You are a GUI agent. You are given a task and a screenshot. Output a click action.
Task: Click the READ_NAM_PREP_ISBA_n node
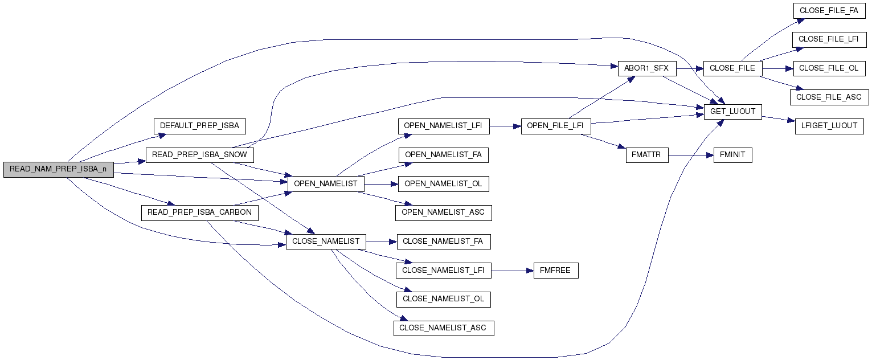point(58,170)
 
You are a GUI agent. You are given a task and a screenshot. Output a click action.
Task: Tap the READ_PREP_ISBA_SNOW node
point(199,155)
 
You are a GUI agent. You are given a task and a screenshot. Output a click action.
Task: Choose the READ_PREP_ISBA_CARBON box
point(199,212)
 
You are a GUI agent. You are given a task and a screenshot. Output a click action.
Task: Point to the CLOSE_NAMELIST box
point(326,242)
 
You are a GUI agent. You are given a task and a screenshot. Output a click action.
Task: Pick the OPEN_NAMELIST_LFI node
point(443,126)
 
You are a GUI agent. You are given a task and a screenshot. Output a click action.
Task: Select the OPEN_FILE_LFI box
point(555,126)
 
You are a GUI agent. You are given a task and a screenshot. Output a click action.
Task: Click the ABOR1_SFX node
point(646,68)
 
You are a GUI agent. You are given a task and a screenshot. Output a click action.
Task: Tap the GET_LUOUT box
point(733,112)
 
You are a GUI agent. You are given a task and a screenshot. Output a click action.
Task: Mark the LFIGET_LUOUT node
point(829,126)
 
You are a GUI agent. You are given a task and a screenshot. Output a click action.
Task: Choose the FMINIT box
point(733,155)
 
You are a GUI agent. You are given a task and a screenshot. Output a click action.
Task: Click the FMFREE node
point(555,271)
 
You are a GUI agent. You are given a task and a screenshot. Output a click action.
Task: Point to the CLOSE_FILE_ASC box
point(829,97)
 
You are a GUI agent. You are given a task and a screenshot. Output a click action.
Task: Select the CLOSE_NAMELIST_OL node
point(443,299)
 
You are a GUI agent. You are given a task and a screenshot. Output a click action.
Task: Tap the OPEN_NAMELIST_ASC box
point(443,212)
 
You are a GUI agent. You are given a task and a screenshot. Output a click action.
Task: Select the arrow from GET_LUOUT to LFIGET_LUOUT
point(778,118)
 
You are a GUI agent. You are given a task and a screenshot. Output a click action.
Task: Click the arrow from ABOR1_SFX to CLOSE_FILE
point(689,68)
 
